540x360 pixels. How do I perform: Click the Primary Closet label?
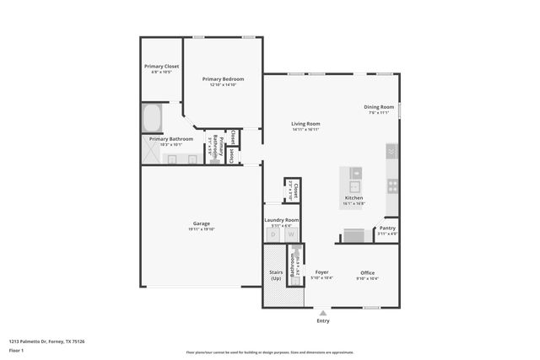pos(161,66)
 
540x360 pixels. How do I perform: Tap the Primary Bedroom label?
pos(223,79)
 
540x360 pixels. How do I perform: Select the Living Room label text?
pos(305,124)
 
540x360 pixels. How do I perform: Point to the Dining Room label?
pos(379,107)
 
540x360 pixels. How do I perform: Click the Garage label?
pos(201,223)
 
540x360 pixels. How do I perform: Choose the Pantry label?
pos(387,228)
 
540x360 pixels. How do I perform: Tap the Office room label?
pos(367,272)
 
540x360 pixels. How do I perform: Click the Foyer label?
pos(321,272)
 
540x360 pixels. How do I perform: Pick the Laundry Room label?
pos(281,220)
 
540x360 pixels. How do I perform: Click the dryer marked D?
pos(273,235)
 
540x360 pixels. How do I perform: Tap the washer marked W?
pos(291,235)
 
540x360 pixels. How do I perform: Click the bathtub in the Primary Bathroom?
pos(154,117)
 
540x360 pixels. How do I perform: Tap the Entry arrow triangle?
pos(322,312)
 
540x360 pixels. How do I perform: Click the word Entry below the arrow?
pos(323,320)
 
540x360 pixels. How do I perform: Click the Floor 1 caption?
pos(16,350)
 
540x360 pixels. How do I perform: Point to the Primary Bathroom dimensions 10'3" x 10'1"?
pos(170,144)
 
